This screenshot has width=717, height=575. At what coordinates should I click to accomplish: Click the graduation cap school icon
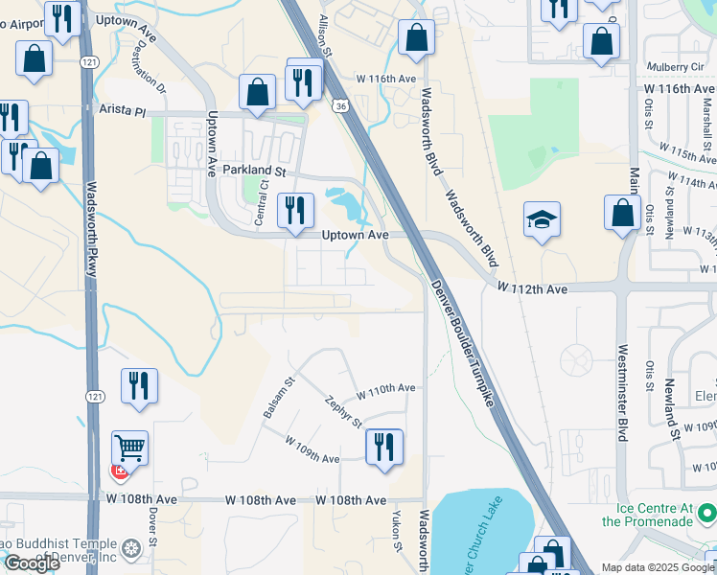click(542, 219)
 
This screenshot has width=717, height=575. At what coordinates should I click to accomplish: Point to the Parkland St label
click(255, 170)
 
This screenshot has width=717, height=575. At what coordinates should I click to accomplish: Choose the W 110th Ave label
click(385, 388)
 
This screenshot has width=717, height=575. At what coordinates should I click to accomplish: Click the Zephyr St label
click(343, 412)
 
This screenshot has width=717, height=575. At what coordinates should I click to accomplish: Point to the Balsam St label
click(276, 398)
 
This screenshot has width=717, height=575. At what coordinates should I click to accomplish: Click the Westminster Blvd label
click(623, 392)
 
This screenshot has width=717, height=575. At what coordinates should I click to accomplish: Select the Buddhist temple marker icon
click(132, 549)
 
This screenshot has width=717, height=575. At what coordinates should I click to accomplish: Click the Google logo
click(32, 563)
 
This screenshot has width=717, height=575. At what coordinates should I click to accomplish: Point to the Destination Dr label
click(146, 74)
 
